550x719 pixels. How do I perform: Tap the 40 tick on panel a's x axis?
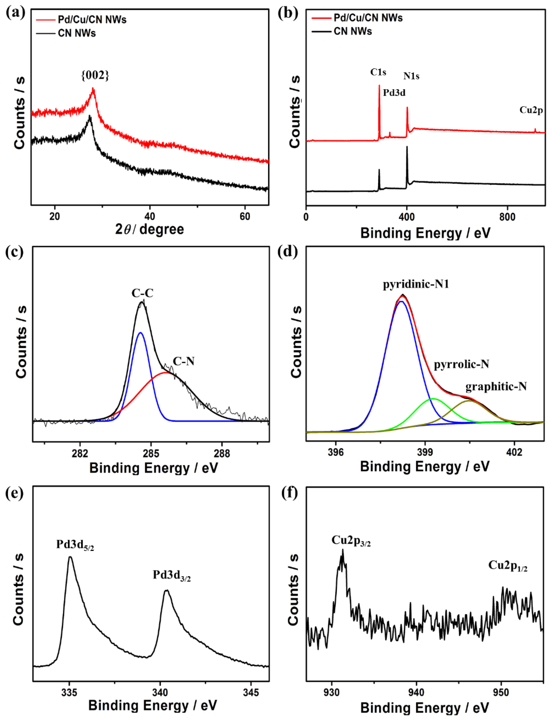pyautogui.click(x=150, y=217)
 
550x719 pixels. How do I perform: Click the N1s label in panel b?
pyautogui.click(x=411, y=76)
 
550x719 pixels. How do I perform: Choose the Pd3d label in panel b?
pyautogui.click(x=394, y=93)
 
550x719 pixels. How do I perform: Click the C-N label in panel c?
pyautogui.click(x=184, y=361)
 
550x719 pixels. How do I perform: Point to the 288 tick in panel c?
pyautogui.click(x=222, y=453)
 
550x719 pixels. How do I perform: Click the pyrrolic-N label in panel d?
pyautogui.click(x=461, y=364)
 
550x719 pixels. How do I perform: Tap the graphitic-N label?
pyautogui.click(x=496, y=387)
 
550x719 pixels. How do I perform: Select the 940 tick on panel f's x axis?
pyautogui.click(x=416, y=693)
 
